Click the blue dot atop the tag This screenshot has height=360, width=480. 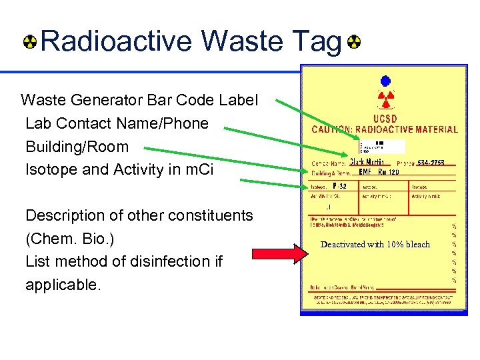click(385, 81)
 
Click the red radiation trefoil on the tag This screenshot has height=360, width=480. click(385, 101)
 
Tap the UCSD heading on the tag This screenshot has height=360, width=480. click(385, 119)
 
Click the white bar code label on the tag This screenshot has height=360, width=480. click(381, 147)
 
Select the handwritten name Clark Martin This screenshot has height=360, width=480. click(367, 162)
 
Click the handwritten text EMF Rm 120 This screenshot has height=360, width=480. click(379, 173)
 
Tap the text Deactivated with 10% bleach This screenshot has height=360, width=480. click(375, 245)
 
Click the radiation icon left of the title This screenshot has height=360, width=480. click(31, 43)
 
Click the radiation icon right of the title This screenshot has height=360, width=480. click(353, 43)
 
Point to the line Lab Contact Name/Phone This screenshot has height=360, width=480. click(117, 123)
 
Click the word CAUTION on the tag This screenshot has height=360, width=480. click(334, 129)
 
